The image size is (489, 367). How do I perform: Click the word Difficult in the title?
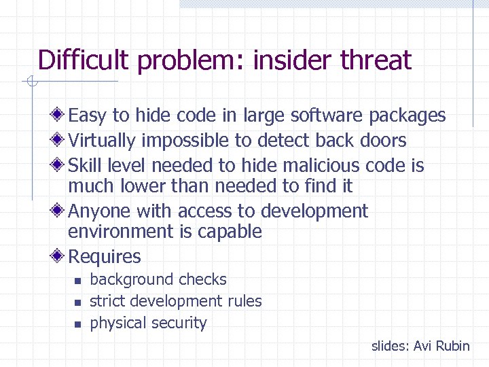(83, 60)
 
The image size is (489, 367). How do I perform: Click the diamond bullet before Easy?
(60, 116)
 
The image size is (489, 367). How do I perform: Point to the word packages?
(407, 116)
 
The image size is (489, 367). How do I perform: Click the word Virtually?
(103, 141)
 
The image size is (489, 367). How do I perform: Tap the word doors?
(383, 141)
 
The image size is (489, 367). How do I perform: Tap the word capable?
(230, 232)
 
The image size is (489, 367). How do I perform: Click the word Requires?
(105, 257)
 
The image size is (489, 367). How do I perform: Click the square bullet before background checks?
(77, 281)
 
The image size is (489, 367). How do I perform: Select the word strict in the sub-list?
(107, 301)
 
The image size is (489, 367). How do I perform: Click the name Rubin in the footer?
(452, 346)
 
